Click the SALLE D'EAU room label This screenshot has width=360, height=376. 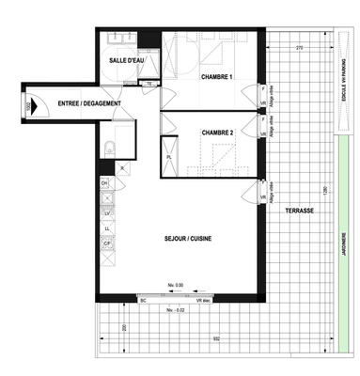pyautogui.click(x=126, y=60)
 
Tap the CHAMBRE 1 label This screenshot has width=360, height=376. pyautogui.click(x=216, y=77)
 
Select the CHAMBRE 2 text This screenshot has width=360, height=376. pyautogui.click(x=217, y=133)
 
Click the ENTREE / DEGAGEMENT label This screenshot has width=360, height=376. pyautogui.click(x=81, y=102)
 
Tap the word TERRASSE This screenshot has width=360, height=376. pyautogui.click(x=300, y=211)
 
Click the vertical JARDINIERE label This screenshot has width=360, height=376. pyautogui.click(x=343, y=248)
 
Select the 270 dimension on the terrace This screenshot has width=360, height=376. pyautogui.click(x=299, y=47)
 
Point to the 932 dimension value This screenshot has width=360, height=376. pyautogui.click(x=215, y=338)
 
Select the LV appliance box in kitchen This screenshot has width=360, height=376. pyautogui.click(x=107, y=213)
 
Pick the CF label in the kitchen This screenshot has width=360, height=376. pyautogui.click(x=107, y=243)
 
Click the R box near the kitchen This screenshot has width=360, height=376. pyautogui.click(x=123, y=167)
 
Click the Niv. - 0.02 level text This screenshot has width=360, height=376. pyautogui.click(x=174, y=308)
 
